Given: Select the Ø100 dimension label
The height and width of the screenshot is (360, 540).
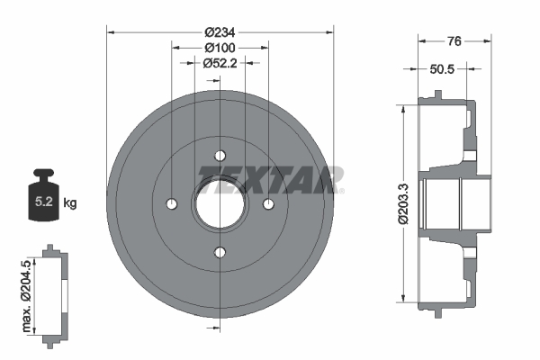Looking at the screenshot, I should point(220,47).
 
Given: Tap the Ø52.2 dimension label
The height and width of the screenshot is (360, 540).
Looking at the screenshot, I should point(220,63).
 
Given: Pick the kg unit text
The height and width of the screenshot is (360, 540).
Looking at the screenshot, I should point(71,203).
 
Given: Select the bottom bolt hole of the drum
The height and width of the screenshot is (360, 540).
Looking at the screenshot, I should point(220,252).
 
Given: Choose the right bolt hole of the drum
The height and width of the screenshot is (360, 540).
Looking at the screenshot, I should point(267,204).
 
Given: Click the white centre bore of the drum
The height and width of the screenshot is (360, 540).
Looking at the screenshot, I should point(220,204).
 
